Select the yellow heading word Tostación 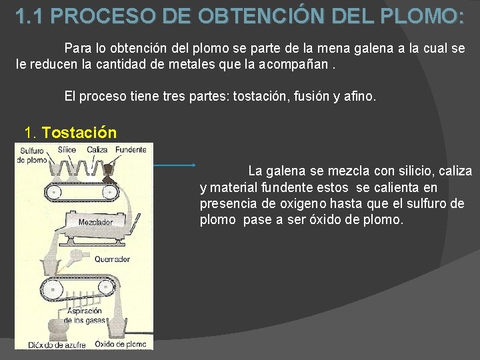(x=79, y=132)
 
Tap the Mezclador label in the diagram (x=95, y=221)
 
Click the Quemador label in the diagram (x=112, y=259)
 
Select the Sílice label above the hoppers (x=67, y=149)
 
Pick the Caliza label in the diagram (x=97, y=149)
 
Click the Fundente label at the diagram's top (x=130, y=149)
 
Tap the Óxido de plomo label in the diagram (x=121, y=344)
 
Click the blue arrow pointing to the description (x=174, y=165)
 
